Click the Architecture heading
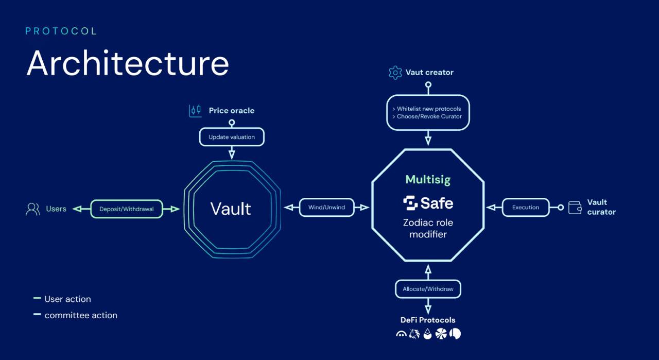pyautogui.click(x=128, y=64)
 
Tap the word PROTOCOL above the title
pyautogui.click(x=61, y=31)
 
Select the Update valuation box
pyautogui.click(x=232, y=137)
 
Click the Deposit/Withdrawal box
pyautogui.click(x=127, y=209)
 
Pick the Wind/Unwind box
pyautogui.click(x=326, y=208)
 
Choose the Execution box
pyautogui.click(x=526, y=208)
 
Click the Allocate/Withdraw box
pyautogui.click(x=428, y=289)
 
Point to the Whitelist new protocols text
pyautogui.click(x=429, y=109)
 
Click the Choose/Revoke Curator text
pyautogui.click(x=429, y=117)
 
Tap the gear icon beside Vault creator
pyautogui.click(x=395, y=73)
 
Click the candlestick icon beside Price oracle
pyautogui.click(x=195, y=111)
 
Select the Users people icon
pyautogui.click(x=33, y=209)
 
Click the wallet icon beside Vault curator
pyautogui.click(x=575, y=208)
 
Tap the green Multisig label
pyautogui.click(x=428, y=180)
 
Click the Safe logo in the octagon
pyautogui.click(x=428, y=203)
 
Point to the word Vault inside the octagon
pyautogui.click(x=231, y=209)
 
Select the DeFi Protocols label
pyautogui.click(x=428, y=320)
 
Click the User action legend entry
pyautogui.click(x=67, y=299)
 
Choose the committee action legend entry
pyautogui.click(x=80, y=315)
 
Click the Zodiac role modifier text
pyautogui.click(x=428, y=229)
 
